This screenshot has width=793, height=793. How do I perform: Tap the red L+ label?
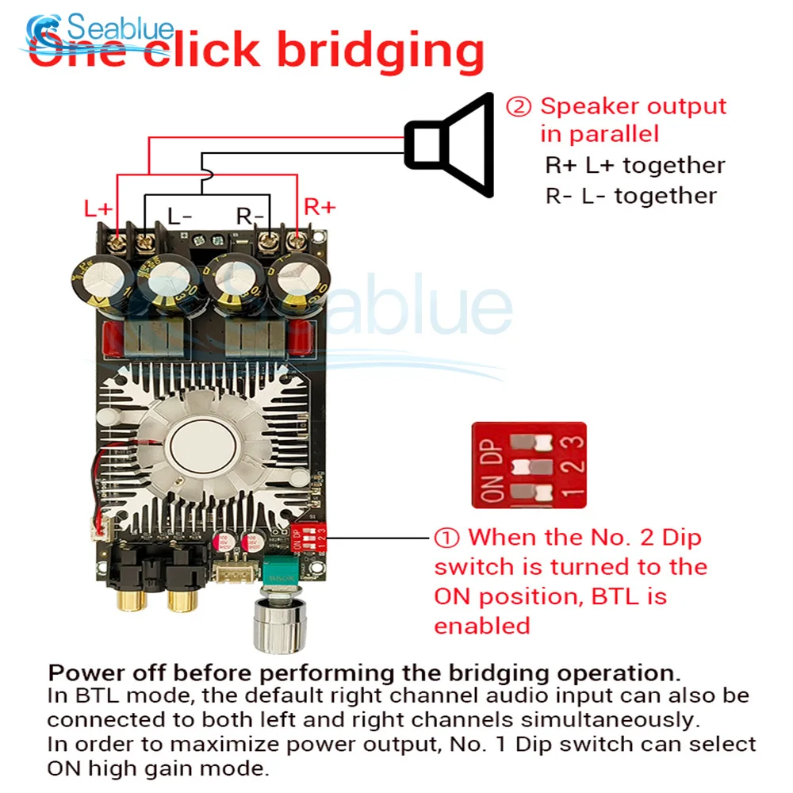click(x=99, y=209)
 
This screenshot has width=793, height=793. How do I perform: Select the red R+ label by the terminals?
click(x=320, y=207)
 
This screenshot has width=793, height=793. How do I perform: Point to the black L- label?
click(x=179, y=215)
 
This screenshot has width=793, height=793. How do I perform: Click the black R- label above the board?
click(x=251, y=215)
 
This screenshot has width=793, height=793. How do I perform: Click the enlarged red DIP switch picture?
click(x=528, y=465)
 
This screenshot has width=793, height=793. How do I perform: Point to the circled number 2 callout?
click(x=519, y=106)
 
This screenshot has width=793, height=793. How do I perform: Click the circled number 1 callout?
click(x=446, y=538)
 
